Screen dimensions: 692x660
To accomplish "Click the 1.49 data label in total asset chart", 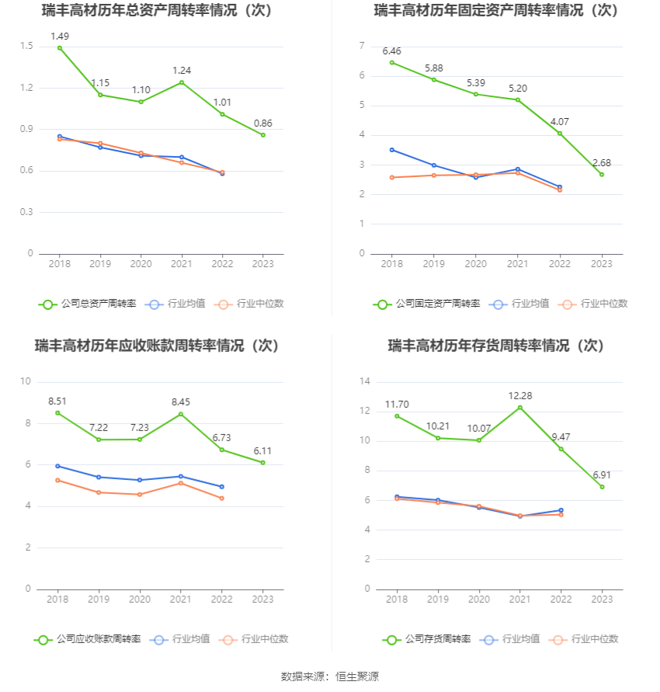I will click(60, 36).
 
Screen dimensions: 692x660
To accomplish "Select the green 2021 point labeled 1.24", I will click(182, 82).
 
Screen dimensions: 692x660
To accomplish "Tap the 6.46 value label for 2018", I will click(391, 51).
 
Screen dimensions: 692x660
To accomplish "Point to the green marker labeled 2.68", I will click(602, 174).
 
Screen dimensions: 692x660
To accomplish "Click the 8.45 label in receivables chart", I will click(181, 402).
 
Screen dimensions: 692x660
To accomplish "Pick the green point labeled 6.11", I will click(263, 463).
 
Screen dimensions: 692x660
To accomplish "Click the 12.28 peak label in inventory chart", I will click(519, 396).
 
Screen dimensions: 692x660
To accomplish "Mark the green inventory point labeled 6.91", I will click(603, 487).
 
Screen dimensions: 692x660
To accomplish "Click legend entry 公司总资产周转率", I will click(87, 304).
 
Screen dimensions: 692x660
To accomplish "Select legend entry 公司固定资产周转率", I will click(426, 304).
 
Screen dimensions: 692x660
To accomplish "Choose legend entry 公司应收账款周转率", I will click(87, 639).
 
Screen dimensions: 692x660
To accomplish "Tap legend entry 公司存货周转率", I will click(426, 639).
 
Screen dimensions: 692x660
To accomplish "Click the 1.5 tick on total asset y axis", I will click(26, 47).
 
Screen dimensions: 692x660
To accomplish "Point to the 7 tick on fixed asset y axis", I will click(362, 47).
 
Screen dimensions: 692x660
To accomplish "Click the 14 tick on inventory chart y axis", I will click(364, 381).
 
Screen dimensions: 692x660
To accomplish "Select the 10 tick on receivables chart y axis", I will click(26, 381).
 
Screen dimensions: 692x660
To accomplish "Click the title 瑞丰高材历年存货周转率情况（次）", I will click(496, 346).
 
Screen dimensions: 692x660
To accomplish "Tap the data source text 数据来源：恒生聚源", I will click(329, 676).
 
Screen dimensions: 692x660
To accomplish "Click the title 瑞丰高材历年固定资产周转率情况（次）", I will click(496, 11).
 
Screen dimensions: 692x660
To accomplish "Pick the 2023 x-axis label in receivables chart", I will click(263, 600).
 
